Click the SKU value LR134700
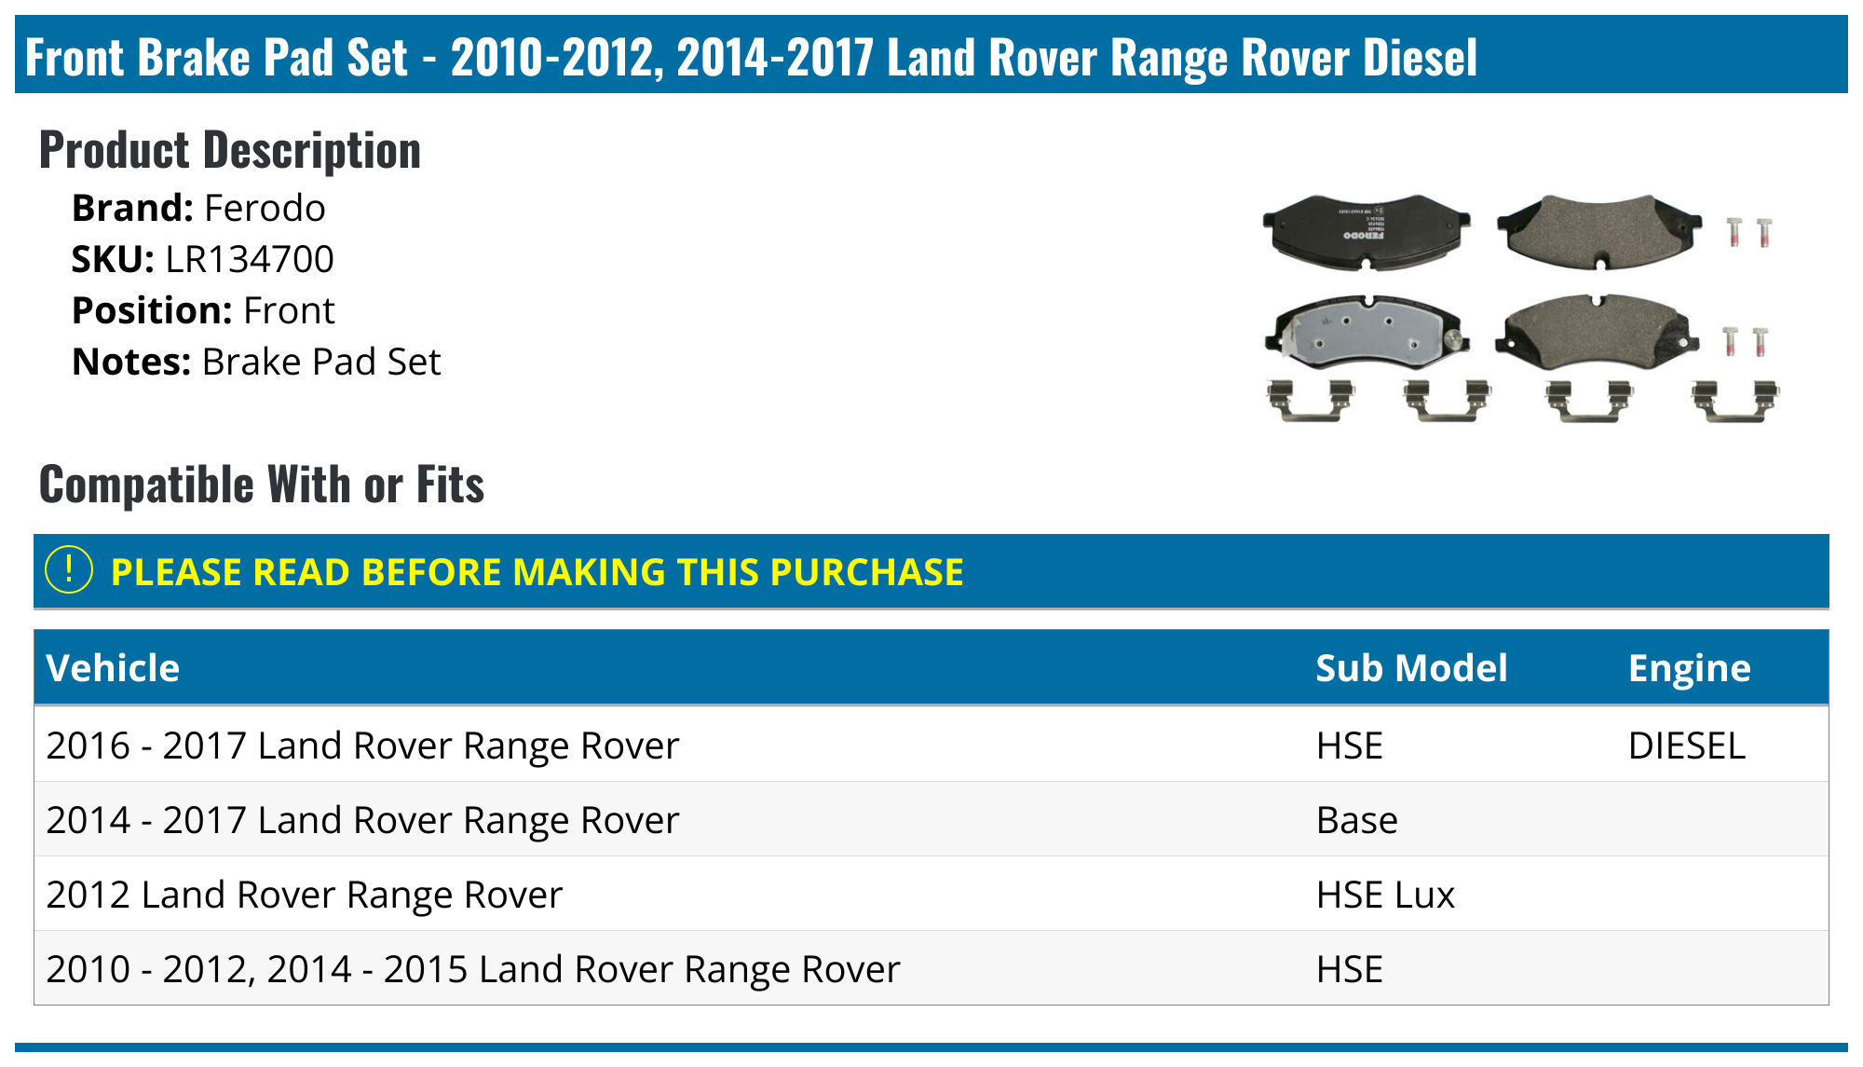[x=249, y=260]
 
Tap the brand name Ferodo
[x=265, y=209]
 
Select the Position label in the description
[x=152, y=311]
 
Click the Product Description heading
[x=230, y=151]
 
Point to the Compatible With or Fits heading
[x=262, y=486]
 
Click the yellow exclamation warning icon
[x=69, y=570]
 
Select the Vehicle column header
[x=113, y=668]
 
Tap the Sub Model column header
[x=1410, y=668]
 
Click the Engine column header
[x=1689, y=668]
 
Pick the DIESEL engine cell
[x=1686, y=746]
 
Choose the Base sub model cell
[x=1356, y=820]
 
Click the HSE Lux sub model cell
[x=1384, y=895]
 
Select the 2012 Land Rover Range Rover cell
[x=305, y=895]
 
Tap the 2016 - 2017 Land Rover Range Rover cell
[x=362, y=746]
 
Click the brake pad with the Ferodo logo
[x=1366, y=230]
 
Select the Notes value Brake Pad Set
[x=321, y=363]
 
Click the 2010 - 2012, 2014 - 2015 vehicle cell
[x=473, y=969]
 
